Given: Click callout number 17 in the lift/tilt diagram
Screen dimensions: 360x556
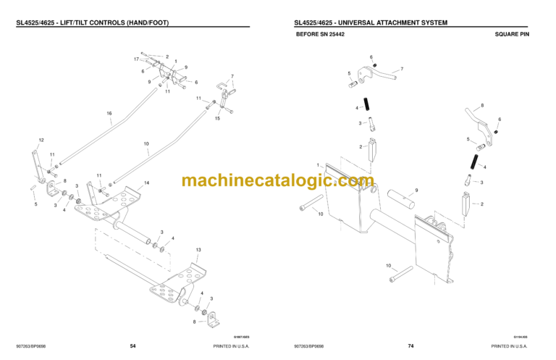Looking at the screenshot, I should click(x=136, y=58).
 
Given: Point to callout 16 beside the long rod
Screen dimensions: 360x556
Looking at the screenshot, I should click(x=109, y=113).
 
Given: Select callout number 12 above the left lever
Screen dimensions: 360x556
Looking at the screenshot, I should click(x=41, y=140).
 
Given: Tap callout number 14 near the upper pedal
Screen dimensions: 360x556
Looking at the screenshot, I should click(x=147, y=183).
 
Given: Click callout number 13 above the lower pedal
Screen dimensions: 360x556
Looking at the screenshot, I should click(x=198, y=249).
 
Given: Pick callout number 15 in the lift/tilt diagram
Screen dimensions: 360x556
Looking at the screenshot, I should click(x=216, y=118).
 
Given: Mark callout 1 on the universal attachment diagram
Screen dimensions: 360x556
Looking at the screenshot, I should click(x=316, y=164).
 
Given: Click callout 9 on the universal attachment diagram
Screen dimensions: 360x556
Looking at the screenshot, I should click(x=416, y=191).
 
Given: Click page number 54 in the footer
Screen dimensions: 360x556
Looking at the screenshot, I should click(x=132, y=346).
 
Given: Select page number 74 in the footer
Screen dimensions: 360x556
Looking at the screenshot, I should click(x=410, y=346).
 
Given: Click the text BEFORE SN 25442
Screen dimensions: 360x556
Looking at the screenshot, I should click(x=321, y=34).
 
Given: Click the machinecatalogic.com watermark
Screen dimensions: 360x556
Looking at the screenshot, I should click(x=278, y=180).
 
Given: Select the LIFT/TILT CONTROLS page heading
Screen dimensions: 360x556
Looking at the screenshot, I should click(x=93, y=22).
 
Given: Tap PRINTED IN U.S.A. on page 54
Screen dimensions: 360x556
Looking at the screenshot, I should click(x=232, y=346).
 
